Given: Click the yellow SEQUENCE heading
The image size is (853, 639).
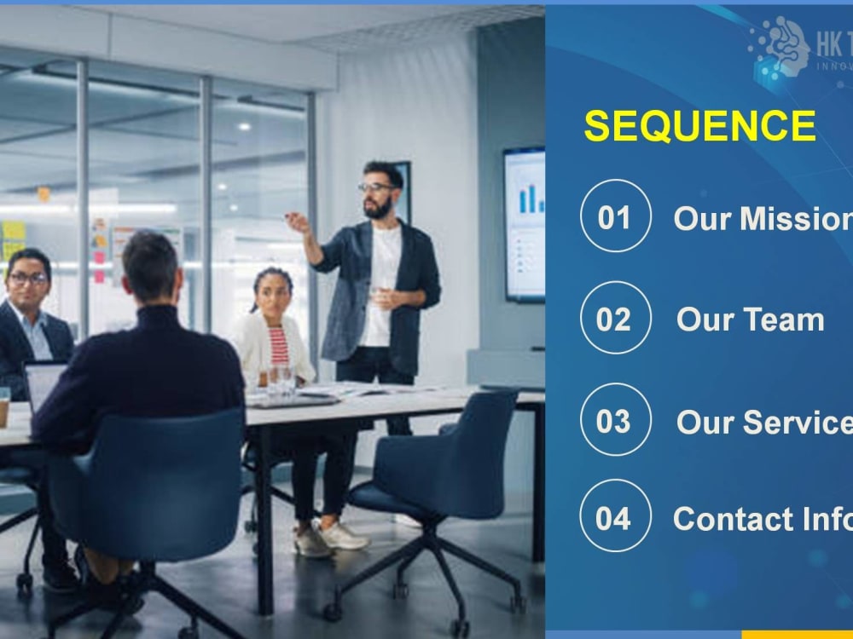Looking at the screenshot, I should click(x=699, y=127).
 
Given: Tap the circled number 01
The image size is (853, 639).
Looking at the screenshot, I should click(x=615, y=216).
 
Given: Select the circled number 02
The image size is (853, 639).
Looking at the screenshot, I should click(x=615, y=319).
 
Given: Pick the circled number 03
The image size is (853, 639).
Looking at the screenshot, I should click(x=615, y=420).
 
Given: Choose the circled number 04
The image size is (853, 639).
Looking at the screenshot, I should click(x=615, y=516).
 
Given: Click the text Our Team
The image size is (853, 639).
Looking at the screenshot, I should click(x=750, y=319).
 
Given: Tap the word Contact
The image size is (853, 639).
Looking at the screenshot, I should click(x=722, y=518).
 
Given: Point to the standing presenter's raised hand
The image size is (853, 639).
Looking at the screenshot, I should click(x=298, y=222).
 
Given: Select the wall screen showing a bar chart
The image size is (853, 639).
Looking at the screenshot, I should click(x=524, y=223).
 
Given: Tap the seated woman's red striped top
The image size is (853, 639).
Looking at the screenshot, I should click(x=279, y=346).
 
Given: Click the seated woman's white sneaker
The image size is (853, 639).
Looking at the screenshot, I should click(x=344, y=536).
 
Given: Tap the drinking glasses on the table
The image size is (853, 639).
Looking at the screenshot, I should click(x=281, y=378).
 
